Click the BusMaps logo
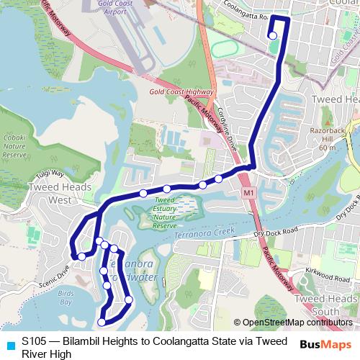[x=325, y=344]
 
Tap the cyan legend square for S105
[x=10, y=343]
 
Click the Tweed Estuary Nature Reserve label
[x=165, y=212]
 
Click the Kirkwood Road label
[x=326, y=276]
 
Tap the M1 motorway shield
[x=249, y=194]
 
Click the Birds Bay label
[x=66, y=297]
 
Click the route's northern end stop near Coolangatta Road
[x=272, y=35]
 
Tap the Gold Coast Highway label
[x=181, y=92]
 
